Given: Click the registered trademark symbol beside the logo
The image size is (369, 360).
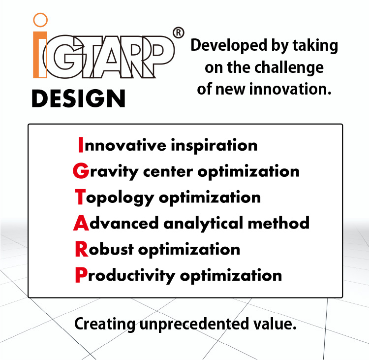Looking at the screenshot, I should pyautogui.click(x=179, y=33).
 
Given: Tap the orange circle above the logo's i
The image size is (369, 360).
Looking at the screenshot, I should pyautogui.click(x=40, y=20).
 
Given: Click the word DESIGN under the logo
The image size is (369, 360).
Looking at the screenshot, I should pyautogui.click(x=78, y=98).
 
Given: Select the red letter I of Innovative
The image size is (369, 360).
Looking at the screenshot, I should pyautogui.click(x=81, y=145).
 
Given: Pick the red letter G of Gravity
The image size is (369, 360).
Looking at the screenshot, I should pyautogui.click(x=80, y=171).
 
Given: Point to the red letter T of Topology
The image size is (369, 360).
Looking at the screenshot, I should pyautogui.click(x=80, y=197).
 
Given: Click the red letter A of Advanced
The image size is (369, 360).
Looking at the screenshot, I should pyautogui.click(x=81, y=223).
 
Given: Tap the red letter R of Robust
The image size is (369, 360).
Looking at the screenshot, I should pyautogui.click(x=81, y=249).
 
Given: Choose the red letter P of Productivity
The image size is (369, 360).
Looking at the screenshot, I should pyautogui.click(x=81, y=275).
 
